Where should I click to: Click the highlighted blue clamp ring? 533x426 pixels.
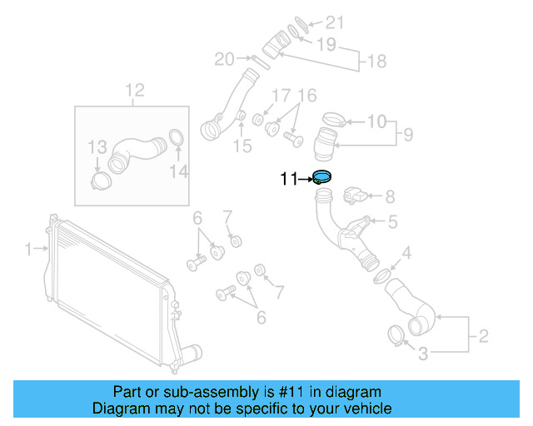pos(321,177)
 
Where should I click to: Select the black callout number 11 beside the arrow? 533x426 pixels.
pos(288,178)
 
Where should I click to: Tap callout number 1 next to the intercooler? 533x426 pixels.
pos(27,249)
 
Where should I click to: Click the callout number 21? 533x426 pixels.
pos(334,22)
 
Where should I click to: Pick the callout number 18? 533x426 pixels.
pos(377,62)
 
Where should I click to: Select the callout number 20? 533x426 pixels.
pos(224,58)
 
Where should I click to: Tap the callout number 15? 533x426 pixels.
pos(242,147)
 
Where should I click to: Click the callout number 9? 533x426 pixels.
pos(409,133)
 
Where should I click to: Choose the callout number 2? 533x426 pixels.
pos(483,337)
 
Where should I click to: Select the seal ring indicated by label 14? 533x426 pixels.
pos(176,137)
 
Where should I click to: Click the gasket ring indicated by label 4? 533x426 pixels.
pos(381,275)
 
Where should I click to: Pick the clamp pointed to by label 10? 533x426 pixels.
pos(331,119)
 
